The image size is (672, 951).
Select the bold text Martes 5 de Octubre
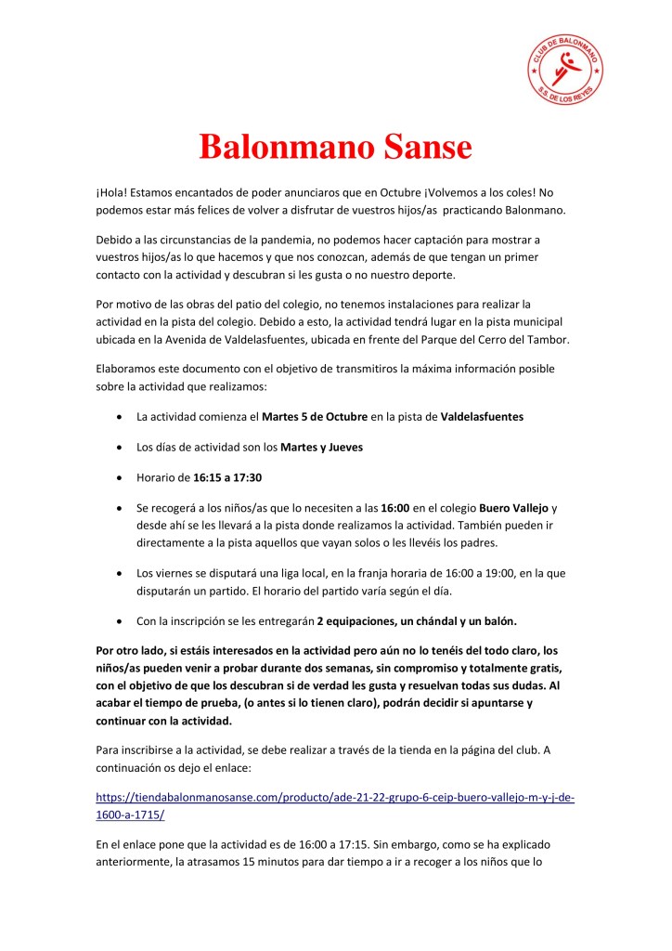coord(313,417)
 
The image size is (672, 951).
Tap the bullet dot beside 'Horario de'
coord(119,477)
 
